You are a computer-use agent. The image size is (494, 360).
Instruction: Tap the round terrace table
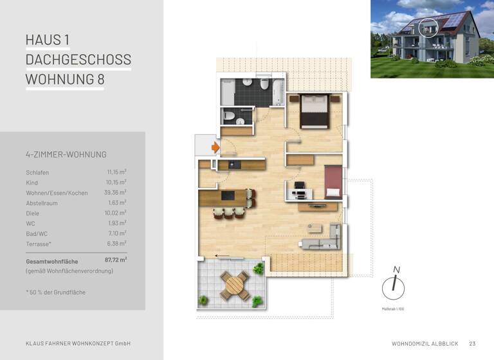tap(233, 284)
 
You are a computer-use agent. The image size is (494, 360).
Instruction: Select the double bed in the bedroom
tap(315, 111)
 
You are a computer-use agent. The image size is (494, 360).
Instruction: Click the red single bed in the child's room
tap(333, 182)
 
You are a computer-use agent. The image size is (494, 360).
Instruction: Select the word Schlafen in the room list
tap(37, 172)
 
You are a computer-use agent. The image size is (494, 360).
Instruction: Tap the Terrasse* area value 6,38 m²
tap(116, 244)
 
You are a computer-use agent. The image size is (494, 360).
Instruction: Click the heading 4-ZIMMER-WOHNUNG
tap(66, 154)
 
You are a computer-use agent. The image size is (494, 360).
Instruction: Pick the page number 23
tap(473, 343)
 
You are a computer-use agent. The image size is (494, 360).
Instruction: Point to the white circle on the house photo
tap(428, 28)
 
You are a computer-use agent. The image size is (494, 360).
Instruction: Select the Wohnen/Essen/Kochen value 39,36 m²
tap(116, 192)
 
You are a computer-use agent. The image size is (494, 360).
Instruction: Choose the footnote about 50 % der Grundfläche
tap(56, 292)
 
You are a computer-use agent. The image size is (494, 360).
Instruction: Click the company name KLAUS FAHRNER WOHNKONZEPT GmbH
tap(78, 343)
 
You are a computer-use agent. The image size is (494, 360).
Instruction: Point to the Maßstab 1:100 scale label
tap(392, 309)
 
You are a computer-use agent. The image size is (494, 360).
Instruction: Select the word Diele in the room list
tap(33, 213)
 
